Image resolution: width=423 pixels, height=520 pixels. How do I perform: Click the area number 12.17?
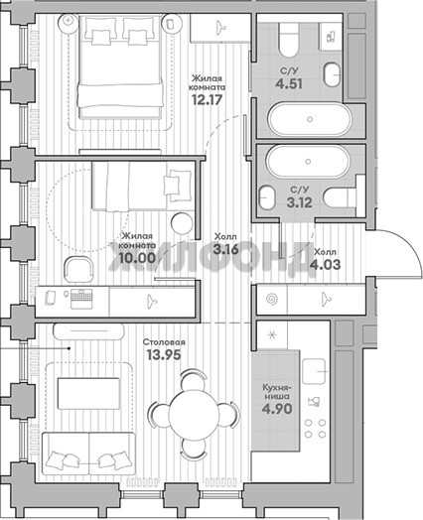point(207,99)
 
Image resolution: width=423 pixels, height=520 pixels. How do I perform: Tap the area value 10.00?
point(137,257)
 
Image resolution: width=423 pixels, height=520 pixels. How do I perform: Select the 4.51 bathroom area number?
point(289,83)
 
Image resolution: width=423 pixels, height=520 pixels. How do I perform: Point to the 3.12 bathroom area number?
point(299,202)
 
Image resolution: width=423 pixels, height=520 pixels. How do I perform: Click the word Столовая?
point(164,342)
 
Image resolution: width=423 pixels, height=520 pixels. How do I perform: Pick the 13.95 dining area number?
point(164,355)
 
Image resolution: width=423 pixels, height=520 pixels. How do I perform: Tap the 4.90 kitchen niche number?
point(277,409)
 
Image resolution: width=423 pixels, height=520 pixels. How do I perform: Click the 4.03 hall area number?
point(325,265)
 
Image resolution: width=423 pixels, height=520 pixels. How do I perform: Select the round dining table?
point(194,414)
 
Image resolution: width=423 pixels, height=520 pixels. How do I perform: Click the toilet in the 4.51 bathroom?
point(288,40)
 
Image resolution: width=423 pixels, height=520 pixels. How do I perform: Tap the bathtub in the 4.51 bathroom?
point(310,119)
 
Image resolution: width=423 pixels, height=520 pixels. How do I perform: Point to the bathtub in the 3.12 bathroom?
point(308,162)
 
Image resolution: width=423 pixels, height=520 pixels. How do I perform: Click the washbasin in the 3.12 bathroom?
point(267,197)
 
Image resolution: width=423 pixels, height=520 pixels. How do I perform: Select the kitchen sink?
point(314,371)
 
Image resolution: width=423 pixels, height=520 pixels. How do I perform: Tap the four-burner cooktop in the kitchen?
point(315,429)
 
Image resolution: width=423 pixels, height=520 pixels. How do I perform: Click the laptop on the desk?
point(81,299)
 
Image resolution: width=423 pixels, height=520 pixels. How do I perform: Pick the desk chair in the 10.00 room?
point(78,269)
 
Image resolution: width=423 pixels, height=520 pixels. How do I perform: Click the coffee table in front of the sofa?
point(88,393)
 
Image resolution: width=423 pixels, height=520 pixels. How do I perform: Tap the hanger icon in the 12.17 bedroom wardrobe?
point(221,28)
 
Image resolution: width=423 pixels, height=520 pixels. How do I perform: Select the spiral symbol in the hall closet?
point(272,300)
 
